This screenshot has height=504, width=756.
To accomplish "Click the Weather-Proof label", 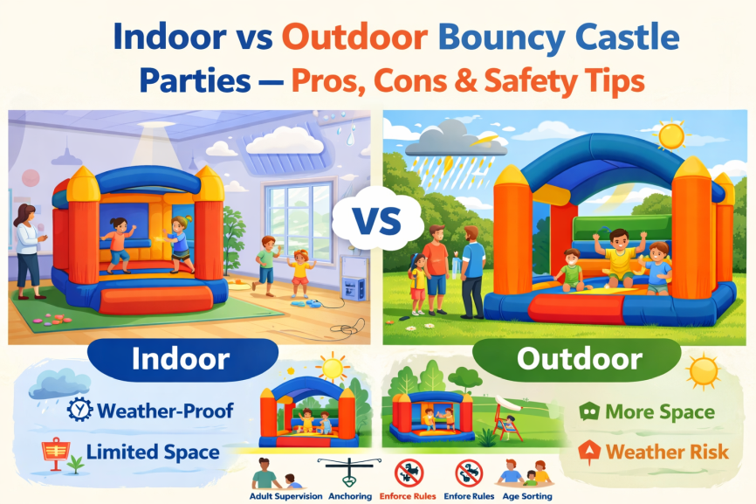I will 165,410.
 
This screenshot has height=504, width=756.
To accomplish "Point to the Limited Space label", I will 153,452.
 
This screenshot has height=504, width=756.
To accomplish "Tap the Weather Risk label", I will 668,452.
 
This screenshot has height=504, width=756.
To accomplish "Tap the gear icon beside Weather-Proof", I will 79,409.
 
